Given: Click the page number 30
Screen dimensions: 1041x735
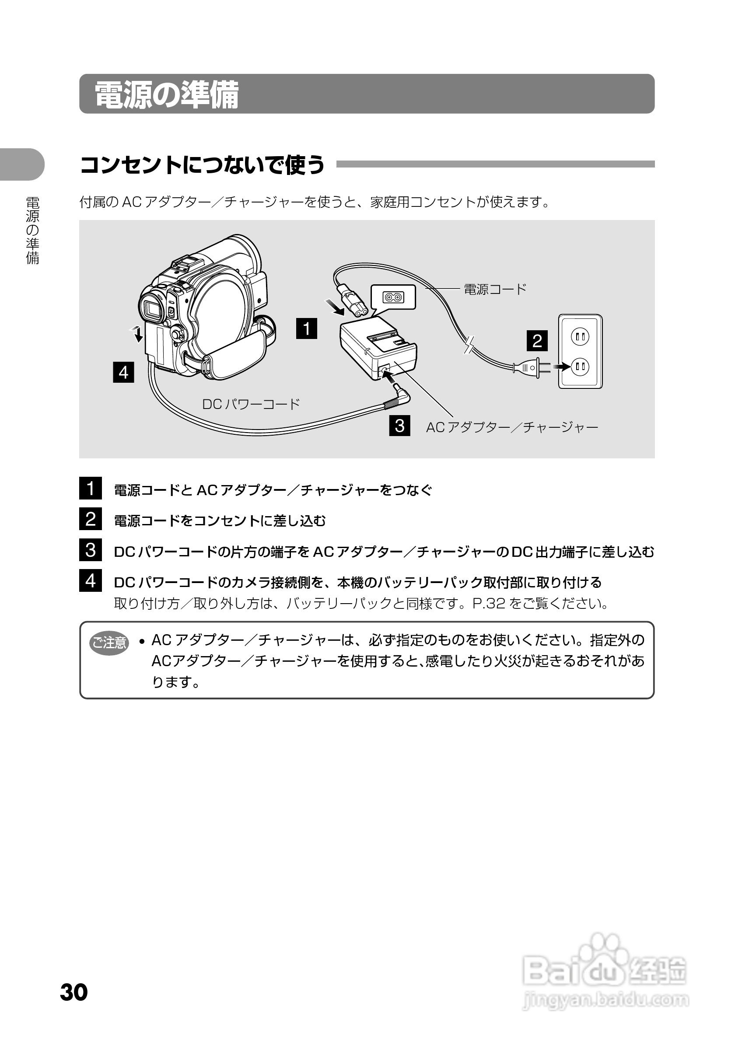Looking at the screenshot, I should click(74, 992).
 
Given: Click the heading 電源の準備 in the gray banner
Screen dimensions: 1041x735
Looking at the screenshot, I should click(166, 95).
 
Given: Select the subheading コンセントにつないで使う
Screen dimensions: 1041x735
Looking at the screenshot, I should click(202, 164).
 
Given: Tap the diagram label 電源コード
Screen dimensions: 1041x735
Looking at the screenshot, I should click(495, 289).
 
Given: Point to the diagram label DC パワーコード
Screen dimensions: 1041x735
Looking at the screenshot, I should click(251, 404).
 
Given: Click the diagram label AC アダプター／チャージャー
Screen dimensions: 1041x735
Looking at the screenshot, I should click(512, 427).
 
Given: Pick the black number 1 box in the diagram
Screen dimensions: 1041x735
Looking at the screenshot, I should click(307, 328).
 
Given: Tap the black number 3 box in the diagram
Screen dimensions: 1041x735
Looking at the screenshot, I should click(399, 425).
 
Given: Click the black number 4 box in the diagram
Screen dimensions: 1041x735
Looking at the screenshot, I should click(123, 372).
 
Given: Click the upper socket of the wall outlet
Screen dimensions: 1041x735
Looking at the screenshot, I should click(580, 336).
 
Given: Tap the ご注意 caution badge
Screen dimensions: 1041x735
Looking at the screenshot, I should click(109, 643).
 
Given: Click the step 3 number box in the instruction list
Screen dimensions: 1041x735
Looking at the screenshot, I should click(91, 550).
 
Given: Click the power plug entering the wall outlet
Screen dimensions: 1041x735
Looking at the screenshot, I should click(531, 367).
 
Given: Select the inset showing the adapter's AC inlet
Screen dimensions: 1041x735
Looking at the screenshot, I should click(393, 297).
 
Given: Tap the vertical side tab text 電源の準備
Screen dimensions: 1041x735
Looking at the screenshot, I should click(33, 231).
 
